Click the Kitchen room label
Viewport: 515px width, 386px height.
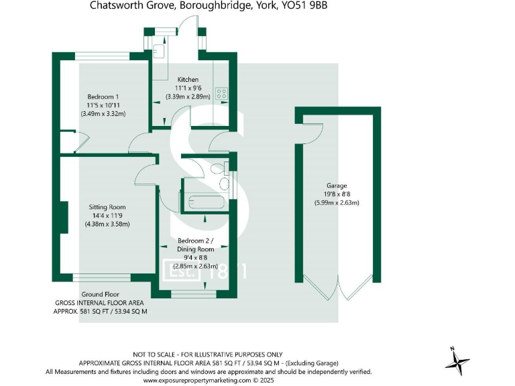pyautogui.click(x=188, y=79)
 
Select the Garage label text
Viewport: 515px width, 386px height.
pyautogui.click(x=337, y=186)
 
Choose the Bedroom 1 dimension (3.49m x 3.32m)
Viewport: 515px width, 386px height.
pyautogui.click(x=103, y=114)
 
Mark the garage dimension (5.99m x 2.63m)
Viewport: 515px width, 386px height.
pyautogui.click(x=337, y=203)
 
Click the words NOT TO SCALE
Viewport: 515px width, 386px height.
pyautogui.click(x=154, y=355)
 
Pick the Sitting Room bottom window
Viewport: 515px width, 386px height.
pyautogui.click(x=102, y=277)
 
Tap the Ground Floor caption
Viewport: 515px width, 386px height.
pyautogui.click(x=101, y=294)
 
